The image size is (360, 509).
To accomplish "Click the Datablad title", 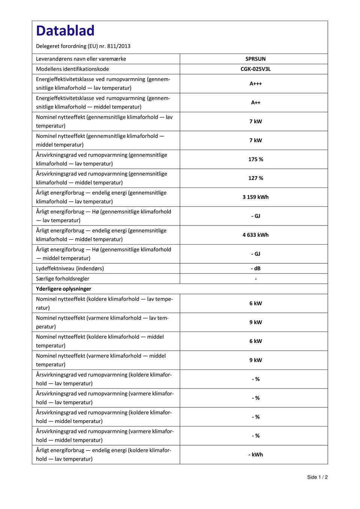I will coord(65,31).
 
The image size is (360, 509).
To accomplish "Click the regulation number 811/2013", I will coord(118,46).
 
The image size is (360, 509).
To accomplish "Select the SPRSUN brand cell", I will coord(255,59).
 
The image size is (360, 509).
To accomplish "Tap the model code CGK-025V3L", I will coord(255,69).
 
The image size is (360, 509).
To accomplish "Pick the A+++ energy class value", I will coord(255,84).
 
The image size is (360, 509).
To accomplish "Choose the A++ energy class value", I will coord(255,102).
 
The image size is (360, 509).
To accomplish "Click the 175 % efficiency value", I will coord(255,159).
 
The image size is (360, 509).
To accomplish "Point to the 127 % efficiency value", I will coord(255,178).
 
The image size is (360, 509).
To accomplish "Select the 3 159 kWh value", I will coord(255,197).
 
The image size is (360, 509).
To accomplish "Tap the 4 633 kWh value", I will coord(255,235).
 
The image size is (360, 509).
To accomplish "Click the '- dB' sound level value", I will coord(255,269).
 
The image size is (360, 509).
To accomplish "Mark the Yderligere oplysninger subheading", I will coord(63,289).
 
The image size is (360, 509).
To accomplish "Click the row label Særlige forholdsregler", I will coord(62,279).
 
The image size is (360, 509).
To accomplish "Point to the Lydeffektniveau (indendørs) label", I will coord(70,269).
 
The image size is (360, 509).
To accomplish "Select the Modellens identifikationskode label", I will coord(72,69).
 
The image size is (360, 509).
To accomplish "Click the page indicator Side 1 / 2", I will coord(317,477).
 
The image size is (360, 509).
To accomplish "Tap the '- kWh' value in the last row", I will coord(255,455).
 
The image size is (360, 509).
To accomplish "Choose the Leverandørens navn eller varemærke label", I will coord(81,59).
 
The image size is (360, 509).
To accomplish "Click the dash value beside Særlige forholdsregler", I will coord(255,279).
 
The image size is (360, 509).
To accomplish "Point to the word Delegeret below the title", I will coord(48,46).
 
